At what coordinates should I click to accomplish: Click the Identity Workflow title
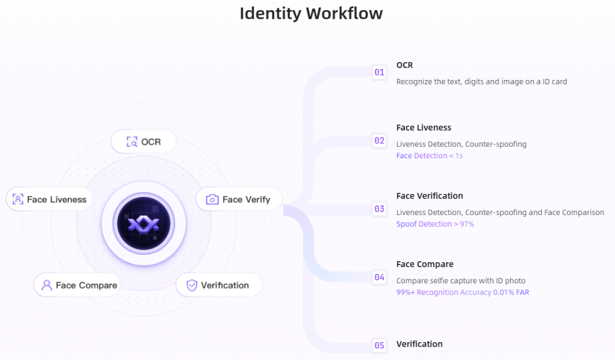311,13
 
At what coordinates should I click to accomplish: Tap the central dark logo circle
144,224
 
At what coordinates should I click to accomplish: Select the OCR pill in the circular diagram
144,142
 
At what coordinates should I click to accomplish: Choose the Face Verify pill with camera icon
239,199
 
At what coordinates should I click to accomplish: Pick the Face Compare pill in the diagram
77,285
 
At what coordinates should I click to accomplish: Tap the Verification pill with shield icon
219,285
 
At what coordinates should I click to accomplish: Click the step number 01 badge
379,72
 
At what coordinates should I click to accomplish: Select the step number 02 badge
379,141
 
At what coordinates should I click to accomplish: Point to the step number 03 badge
379,209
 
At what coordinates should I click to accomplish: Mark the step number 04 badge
379,277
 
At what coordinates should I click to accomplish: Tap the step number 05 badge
379,345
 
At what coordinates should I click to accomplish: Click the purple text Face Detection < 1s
429,156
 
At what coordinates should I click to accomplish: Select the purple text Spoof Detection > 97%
435,224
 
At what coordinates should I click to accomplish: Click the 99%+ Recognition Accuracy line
462,292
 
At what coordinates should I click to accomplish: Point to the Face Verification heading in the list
429,196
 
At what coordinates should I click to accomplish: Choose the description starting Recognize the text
481,82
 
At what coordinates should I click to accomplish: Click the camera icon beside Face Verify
212,199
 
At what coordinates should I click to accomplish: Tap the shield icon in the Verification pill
192,285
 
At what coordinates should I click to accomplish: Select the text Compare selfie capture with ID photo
461,281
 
